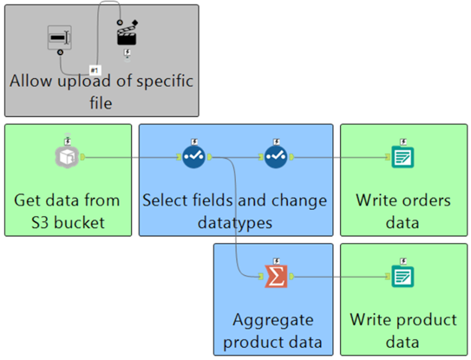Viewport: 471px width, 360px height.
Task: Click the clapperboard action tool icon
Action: coord(127,34)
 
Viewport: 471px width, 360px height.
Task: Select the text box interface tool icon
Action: coord(60,37)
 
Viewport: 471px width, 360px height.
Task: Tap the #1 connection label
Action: coord(95,70)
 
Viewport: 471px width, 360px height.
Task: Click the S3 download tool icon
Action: coord(67,156)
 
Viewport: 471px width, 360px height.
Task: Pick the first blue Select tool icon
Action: coord(193,156)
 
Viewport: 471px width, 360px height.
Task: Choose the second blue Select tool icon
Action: coord(276,156)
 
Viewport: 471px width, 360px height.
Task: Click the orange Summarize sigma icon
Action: coord(276,276)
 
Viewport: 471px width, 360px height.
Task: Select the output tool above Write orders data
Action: coord(402,157)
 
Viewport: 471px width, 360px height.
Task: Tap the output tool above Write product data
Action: coord(402,276)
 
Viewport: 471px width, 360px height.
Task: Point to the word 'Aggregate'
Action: coord(273,321)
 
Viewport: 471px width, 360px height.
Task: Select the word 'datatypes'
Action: coord(235,224)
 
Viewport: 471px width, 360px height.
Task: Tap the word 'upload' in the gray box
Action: coord(84,82)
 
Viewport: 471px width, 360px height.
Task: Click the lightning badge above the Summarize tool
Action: coord(277,261)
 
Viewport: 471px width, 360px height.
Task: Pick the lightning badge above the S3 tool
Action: coord(68,141)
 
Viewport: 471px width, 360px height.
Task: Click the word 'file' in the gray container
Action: coord(101,103)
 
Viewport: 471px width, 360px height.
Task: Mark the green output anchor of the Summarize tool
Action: coord(291,277)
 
